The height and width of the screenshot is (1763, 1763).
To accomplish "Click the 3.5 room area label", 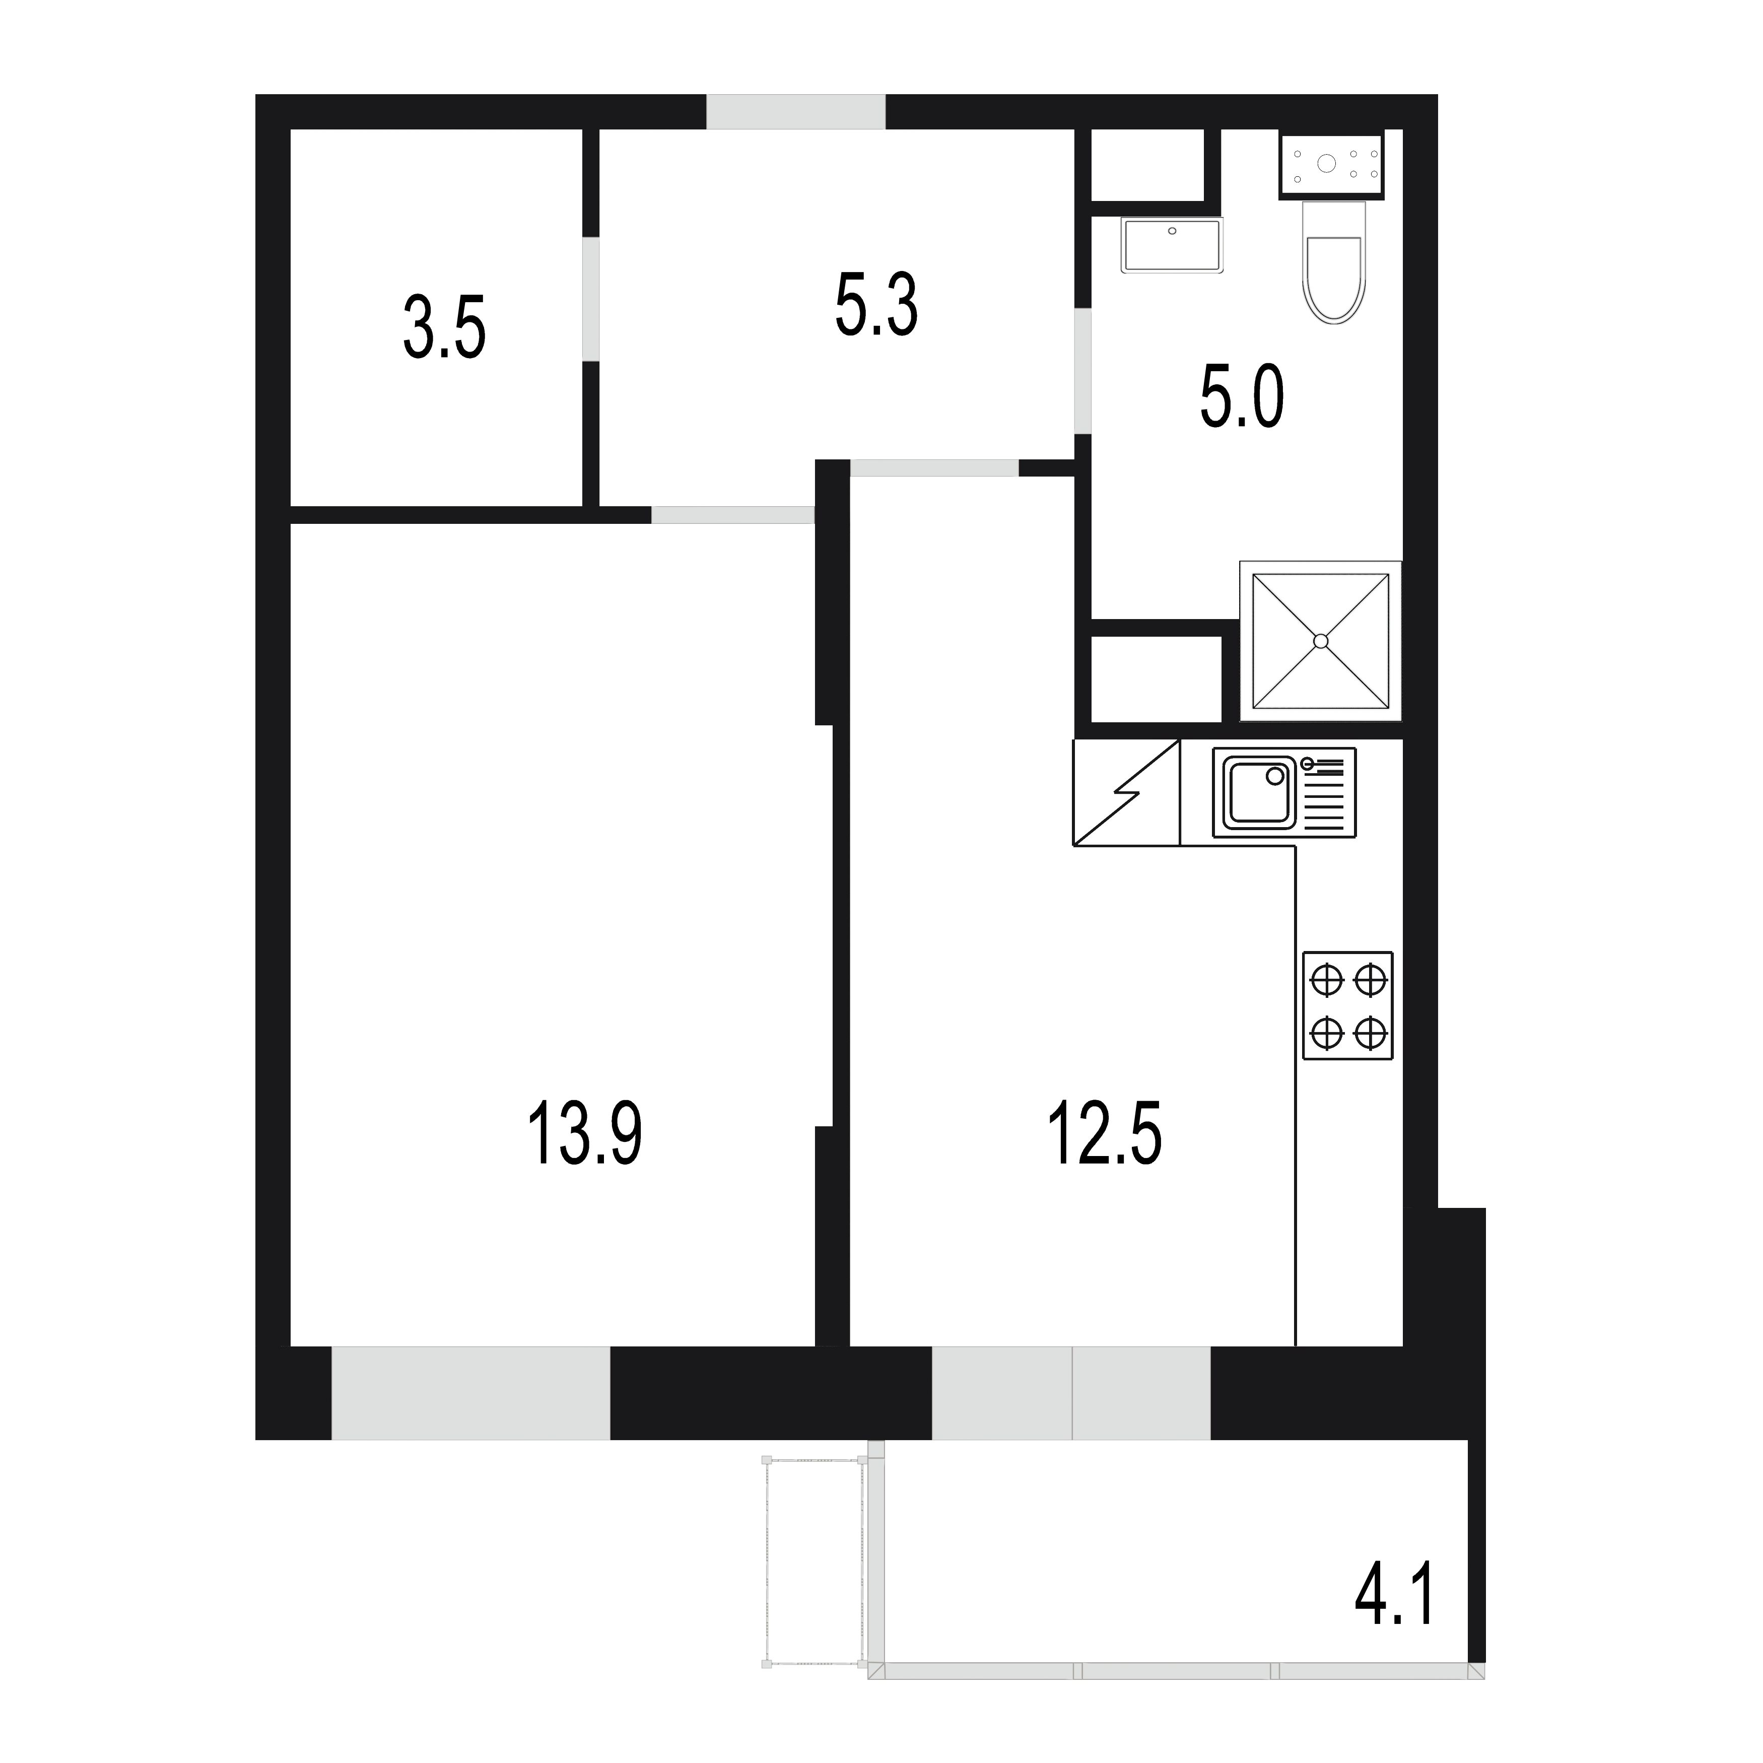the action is (x=444, y=327).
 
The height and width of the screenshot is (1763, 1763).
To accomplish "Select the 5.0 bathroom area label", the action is (x=1242, y=396).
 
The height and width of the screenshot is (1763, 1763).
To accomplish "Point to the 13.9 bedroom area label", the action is (x=585, y=1133).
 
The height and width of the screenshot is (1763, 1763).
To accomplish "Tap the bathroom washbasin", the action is (x=1173, y=245).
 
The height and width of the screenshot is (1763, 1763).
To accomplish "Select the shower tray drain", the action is (x=1320, y=641).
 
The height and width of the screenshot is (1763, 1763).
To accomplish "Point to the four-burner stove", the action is (x=1348, y=1005).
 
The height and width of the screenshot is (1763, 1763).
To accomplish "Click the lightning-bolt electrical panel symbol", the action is (x=1127, y=793).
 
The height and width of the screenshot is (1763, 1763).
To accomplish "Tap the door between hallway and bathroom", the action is (x=1083, y=371).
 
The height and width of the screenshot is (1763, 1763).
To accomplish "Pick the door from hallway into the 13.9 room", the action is (x=733, y=515).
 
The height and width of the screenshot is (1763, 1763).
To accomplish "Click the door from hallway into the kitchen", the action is (x=934, y=468).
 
